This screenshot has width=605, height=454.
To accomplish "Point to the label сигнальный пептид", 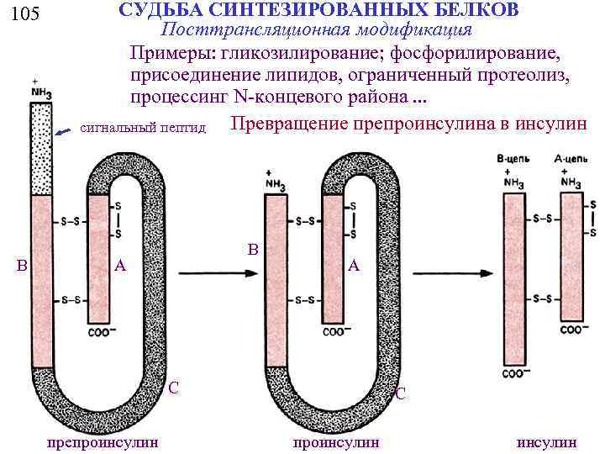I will tap(143, 129).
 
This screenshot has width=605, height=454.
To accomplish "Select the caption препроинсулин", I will tap(104, 441).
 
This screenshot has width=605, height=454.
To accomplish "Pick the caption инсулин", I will tap(547, 441).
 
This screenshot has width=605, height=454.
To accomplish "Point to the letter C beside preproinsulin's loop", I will tap(173, 388).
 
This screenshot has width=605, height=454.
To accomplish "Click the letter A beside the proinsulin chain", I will tap(354, 266).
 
